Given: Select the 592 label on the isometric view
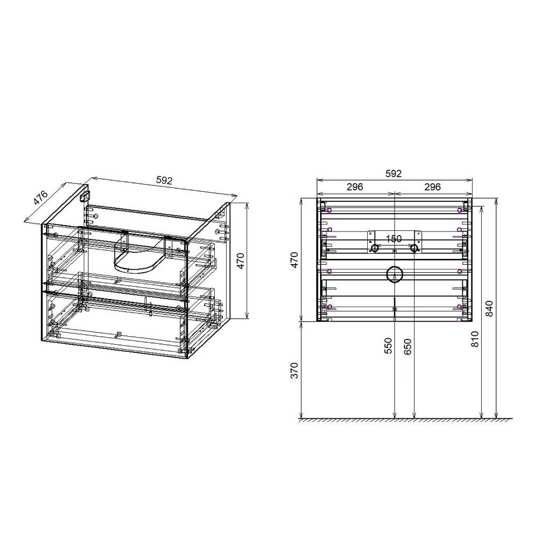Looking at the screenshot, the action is click(164, 180).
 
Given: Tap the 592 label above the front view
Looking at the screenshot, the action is click(394, 173).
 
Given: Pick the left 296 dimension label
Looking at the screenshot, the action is click(355, 187).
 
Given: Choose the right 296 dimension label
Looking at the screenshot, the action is click(432, 187).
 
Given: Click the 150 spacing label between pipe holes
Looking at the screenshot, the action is click(394, 238).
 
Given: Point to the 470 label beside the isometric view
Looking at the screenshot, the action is click(241, 261).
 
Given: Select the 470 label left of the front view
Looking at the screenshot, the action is click(294, 260).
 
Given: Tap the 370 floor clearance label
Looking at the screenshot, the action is click(294, 370).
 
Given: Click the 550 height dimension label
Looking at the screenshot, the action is click(388, 346).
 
